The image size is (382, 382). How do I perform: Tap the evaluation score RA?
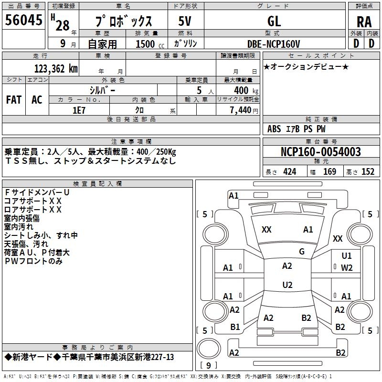(364, 22)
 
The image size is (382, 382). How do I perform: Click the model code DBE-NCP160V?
(274, 43)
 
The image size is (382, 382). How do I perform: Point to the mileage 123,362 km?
(56, 68)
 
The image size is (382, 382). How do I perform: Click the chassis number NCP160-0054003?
(321, 152)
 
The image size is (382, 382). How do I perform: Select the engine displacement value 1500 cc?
(146, 44)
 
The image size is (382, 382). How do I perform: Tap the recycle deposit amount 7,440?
(244, 110)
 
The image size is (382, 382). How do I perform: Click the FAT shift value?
(14, 99)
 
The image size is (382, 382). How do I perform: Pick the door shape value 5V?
(185, 21)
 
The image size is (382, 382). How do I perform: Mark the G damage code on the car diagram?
(302, 252)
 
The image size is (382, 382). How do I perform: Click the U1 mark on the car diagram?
(347, 256)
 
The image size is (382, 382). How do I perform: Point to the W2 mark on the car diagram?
(347, 267)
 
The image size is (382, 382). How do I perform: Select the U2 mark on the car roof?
(287, 285)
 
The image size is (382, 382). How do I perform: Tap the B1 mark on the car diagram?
(235, 327)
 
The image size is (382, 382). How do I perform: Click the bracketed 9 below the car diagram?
(209, 366)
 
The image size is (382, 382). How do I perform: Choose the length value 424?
(290, 172)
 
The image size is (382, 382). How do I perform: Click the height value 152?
(368, 172)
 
